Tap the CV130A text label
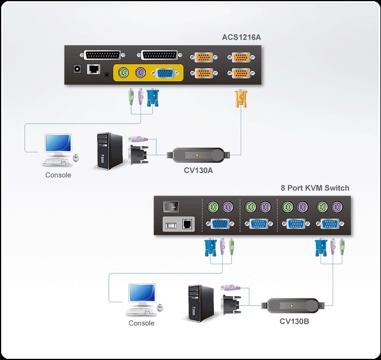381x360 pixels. [x=199, y=170]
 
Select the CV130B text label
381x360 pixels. [x=294, y=321]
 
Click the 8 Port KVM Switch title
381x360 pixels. [x=315, y=188]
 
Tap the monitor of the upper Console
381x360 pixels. [x=58, y=143]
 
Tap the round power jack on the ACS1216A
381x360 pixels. [x=77, y=69]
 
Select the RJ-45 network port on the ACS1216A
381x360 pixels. [x=94, y=69]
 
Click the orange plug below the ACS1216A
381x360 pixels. [x=239, y=100]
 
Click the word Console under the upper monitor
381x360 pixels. [x=58, y=175]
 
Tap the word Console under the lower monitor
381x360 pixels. [x=142, y=323]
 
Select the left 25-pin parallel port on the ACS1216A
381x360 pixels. [x=103, y=55]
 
